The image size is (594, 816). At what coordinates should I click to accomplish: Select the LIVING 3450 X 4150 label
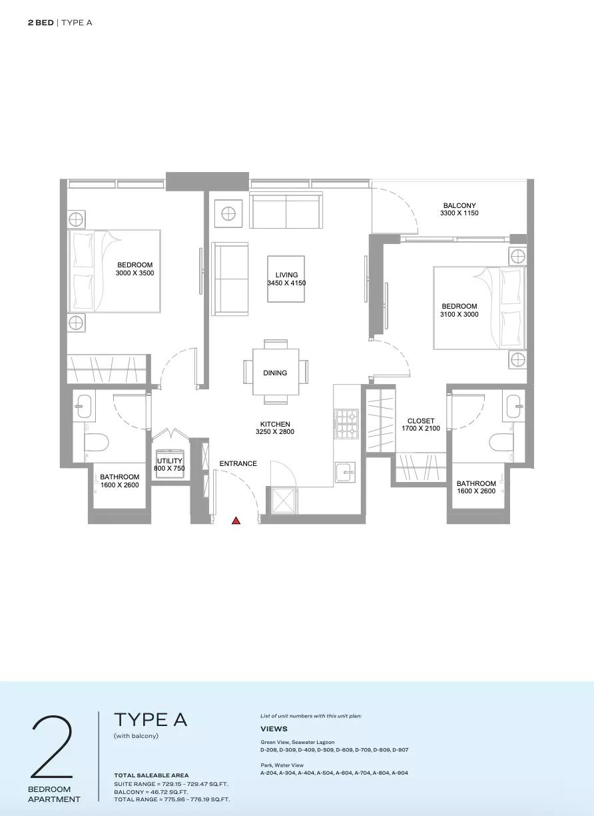[x=286, y=279]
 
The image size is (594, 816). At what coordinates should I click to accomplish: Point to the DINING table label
[x=275, y=373]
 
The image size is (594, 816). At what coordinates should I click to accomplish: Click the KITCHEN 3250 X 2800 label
[x=275, y=428]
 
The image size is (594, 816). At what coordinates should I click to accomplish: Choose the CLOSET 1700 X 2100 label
[x=421, y=425]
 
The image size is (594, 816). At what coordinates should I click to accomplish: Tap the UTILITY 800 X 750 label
[x=169, y=465]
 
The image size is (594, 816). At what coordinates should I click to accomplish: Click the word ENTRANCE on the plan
[x=238, y=463]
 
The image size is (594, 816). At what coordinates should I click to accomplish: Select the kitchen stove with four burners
[x=346, y=423]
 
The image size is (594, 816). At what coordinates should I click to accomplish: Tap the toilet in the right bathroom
[x=501, y=442]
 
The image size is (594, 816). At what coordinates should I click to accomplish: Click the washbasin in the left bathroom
[x=84, y=406]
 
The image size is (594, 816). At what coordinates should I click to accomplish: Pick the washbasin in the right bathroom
[x=515, y=406]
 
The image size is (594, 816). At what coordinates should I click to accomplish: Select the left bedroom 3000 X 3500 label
[x=135, y=269]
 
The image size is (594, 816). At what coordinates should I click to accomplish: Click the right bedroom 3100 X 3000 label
[x=459, y=310]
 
